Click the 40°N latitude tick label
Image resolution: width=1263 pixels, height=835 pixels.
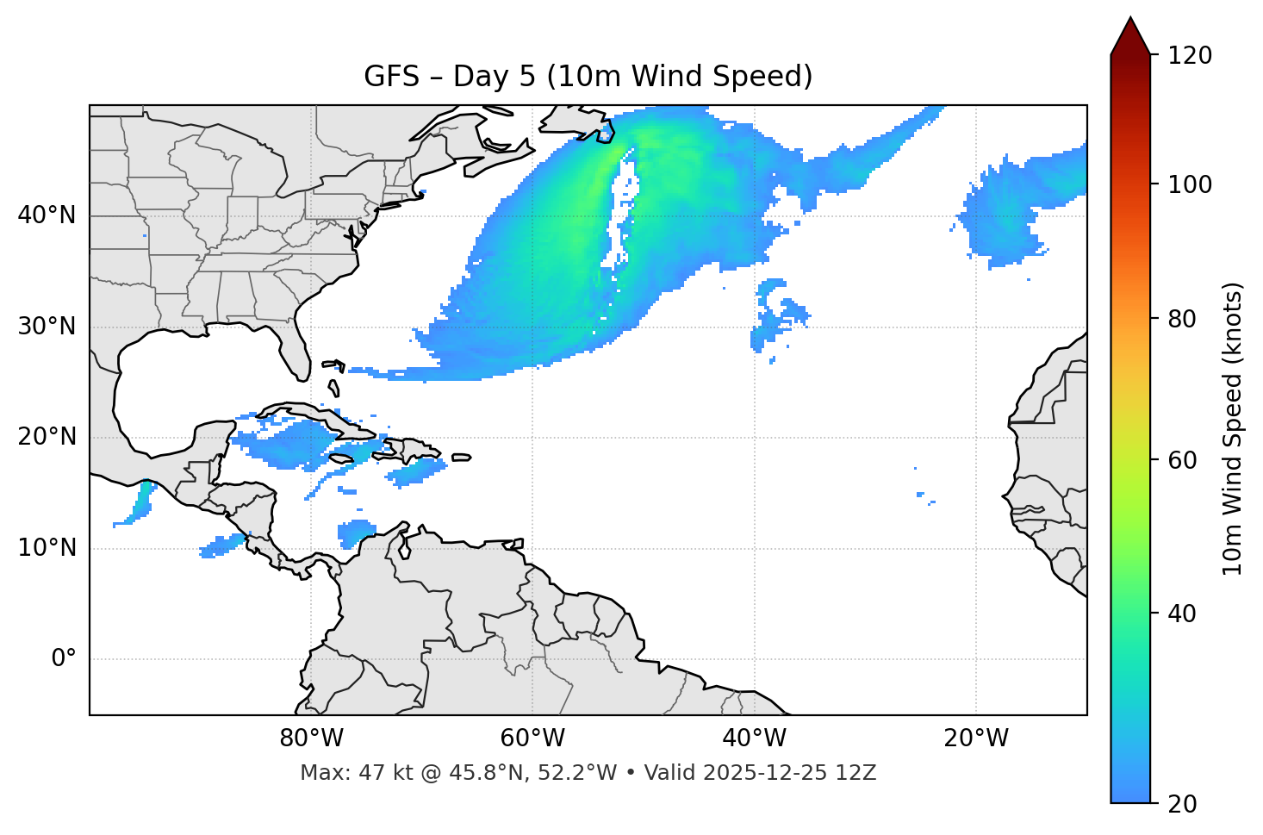tap(47, 215)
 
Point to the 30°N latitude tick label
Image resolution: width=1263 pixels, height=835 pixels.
tap(47, 327)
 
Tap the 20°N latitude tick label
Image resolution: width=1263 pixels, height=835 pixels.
tap(47, 437)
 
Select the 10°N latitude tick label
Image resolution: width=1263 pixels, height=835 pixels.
tap(47, 548)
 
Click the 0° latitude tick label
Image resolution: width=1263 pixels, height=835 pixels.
tap(63, 659)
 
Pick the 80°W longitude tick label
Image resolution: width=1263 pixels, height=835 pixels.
tap(311, 738)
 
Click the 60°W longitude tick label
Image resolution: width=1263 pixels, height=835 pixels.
tap(532, 738)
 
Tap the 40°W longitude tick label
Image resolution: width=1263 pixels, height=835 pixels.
tap(754, 738)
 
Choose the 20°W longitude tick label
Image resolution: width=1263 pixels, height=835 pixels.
tap(975, 738)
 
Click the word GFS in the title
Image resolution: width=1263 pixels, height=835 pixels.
tap(391, 77)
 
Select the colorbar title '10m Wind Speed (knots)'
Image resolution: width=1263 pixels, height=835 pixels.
tap(1233, 429)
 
